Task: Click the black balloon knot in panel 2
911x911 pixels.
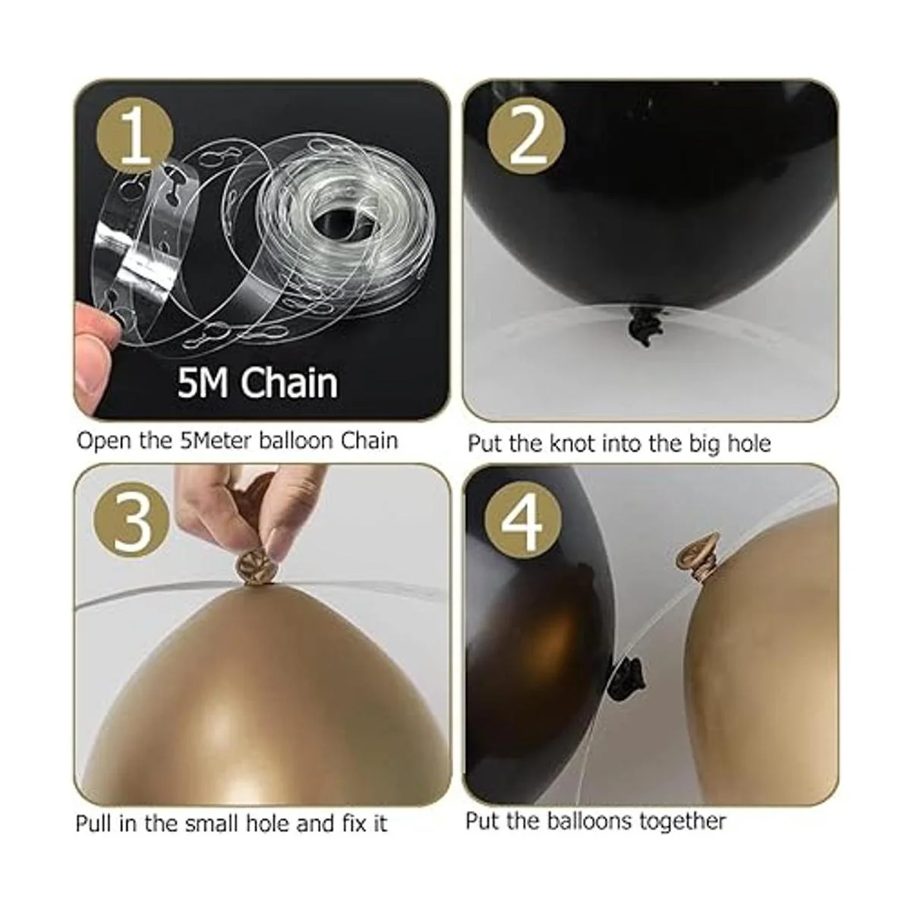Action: (641, 323)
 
